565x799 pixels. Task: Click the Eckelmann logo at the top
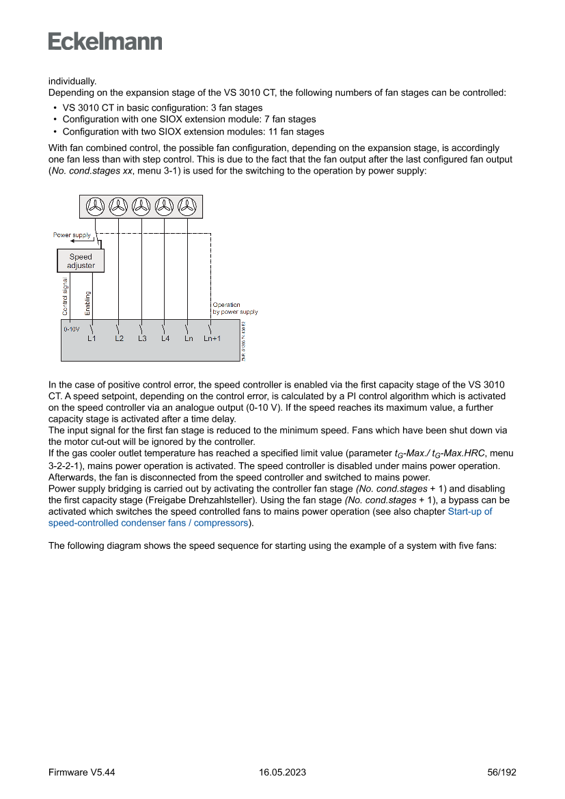click(x=105, y=41)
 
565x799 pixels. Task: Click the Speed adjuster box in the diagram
click(x=81, y=261)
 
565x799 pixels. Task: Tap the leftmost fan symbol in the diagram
click(x=96, y=206)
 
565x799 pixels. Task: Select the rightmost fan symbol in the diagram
click(x=187, y=206)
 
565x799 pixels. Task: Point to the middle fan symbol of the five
click(x=141, y=206)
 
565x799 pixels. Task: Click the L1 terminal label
click(x=92, y=338)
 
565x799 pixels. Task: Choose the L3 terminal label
click(x=142, y=338)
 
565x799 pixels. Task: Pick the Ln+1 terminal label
click(x=212, y=338)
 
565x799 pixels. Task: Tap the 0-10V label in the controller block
click(x=71, y=329)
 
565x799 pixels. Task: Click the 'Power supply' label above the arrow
click(x=72, y=235)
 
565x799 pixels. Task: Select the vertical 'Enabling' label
click(x=87, y=303)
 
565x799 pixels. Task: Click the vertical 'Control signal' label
click(x=65, y=296)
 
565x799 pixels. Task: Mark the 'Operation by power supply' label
click(x=234, y=308)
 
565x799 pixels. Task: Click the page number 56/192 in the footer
click(x=501, y=772)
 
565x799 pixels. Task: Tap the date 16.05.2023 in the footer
click(x=282, y=772)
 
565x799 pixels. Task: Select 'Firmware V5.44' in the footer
click(x=81, y=772)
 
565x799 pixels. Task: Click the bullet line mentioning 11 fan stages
click(x=193, y=132)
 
